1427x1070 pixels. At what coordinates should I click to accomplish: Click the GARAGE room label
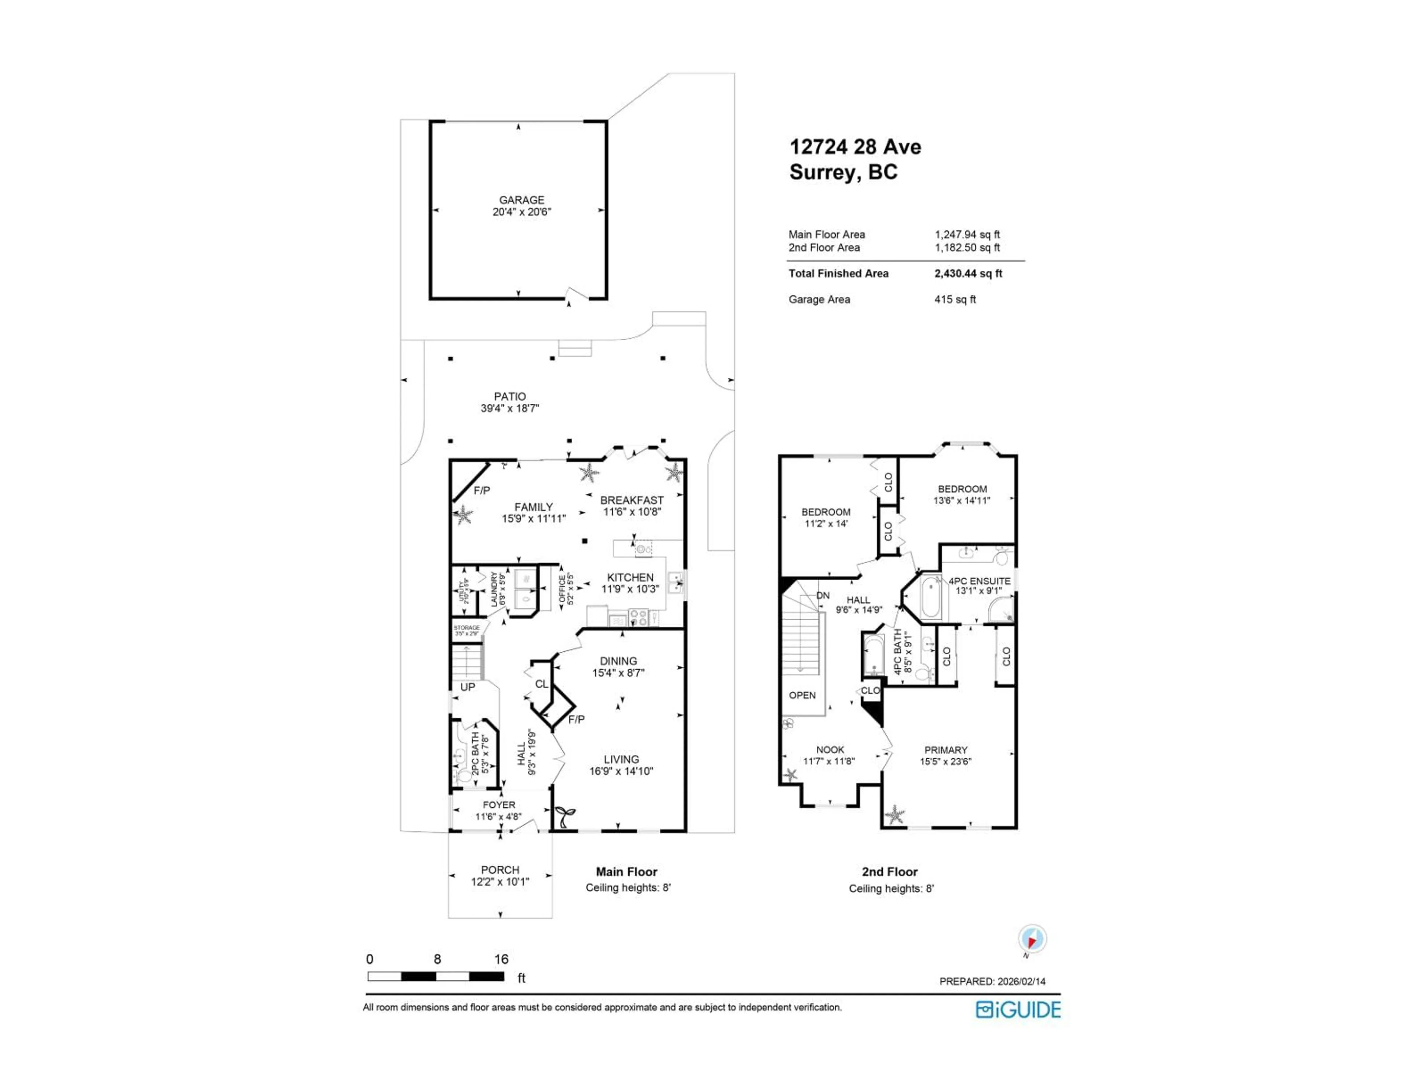tap(521, 200)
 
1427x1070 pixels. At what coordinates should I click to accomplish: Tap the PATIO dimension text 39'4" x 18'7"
tap(509, 408)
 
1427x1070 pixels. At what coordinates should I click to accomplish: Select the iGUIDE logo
tap(1018, 1009)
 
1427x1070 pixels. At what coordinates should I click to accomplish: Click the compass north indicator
tap(1032, 939)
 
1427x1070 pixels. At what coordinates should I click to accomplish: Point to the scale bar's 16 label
tap(501, 959)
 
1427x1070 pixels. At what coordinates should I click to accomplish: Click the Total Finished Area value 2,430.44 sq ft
tap(968, 273)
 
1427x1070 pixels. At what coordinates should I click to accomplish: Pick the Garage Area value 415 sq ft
tap(955, 299)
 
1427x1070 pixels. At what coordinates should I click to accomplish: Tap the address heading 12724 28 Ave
tap(855, 147)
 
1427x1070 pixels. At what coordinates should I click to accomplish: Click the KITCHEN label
tap(630, 577)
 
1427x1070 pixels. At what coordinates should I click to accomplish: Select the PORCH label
tap(500, 870)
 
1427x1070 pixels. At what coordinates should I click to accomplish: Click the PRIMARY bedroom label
tap(946, 750)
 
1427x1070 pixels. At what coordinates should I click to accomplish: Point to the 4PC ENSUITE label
tap(979, 581)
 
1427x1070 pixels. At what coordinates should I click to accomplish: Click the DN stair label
tap(822, 595)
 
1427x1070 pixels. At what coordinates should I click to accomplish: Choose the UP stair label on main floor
tap(468, 687)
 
